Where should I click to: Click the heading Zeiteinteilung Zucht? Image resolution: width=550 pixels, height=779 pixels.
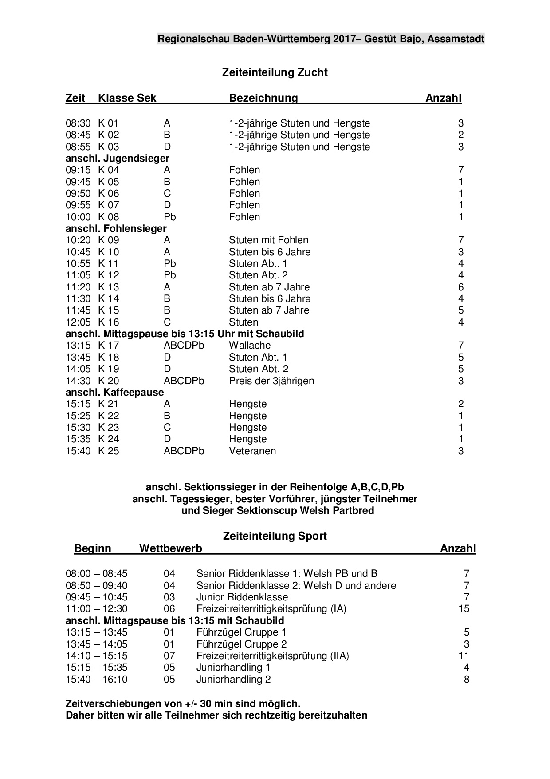[x=275, y=72]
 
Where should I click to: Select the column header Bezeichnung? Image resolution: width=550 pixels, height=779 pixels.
[x=263, y=98]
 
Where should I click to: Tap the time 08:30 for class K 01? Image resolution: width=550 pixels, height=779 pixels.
[x=78, y=123]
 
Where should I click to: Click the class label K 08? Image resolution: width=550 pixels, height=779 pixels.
[x=109, y=217]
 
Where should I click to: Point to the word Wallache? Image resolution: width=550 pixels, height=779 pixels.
[x=250, y=346]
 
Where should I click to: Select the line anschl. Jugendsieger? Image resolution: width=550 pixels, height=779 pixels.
[x=117, y=159]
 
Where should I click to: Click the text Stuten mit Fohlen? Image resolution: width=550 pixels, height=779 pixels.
[x=268, y=240]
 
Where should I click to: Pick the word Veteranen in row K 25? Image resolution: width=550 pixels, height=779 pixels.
[x=252, y=451]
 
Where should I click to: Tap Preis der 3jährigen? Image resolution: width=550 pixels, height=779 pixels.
[x=271, y=381]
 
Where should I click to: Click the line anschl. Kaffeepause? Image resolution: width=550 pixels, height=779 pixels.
[x=114, y=393]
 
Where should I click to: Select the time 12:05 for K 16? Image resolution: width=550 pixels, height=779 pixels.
[x=78, y=322]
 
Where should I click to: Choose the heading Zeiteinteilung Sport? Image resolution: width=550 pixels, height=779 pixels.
[x=275, y=536]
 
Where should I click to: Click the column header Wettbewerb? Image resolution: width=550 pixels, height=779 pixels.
[x=171, y=548]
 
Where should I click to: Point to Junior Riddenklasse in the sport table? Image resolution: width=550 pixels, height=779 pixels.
[x=242, y=597]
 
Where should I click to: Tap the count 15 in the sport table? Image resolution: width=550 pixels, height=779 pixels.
[x=464, y=609]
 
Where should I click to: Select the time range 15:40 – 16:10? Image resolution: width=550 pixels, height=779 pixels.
[x=96, y=680]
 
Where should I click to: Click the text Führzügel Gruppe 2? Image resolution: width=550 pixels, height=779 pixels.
[x=241, y=644]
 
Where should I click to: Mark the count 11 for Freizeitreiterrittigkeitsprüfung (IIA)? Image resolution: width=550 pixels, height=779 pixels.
[x=464, y=656]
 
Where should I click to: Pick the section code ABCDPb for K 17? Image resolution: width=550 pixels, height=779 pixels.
[x=184, y=346]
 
